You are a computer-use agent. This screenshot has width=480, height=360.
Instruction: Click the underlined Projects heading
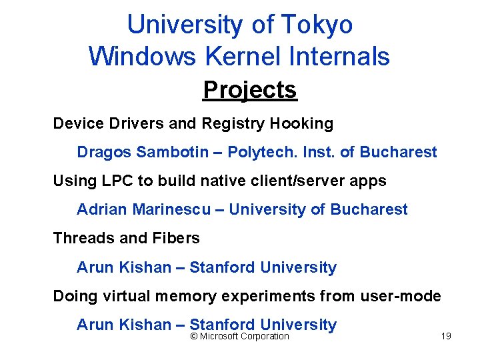tap(250, 89)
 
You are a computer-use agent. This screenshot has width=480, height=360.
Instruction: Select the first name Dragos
tap(105, 152)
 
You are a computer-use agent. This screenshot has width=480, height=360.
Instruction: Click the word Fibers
tap(179, 238)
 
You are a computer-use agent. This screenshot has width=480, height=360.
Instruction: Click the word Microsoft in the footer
tap(221, 337)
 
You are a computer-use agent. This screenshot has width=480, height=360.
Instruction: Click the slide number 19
tap(446, 336)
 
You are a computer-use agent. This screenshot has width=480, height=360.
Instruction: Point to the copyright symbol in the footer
tap(194, 337)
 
